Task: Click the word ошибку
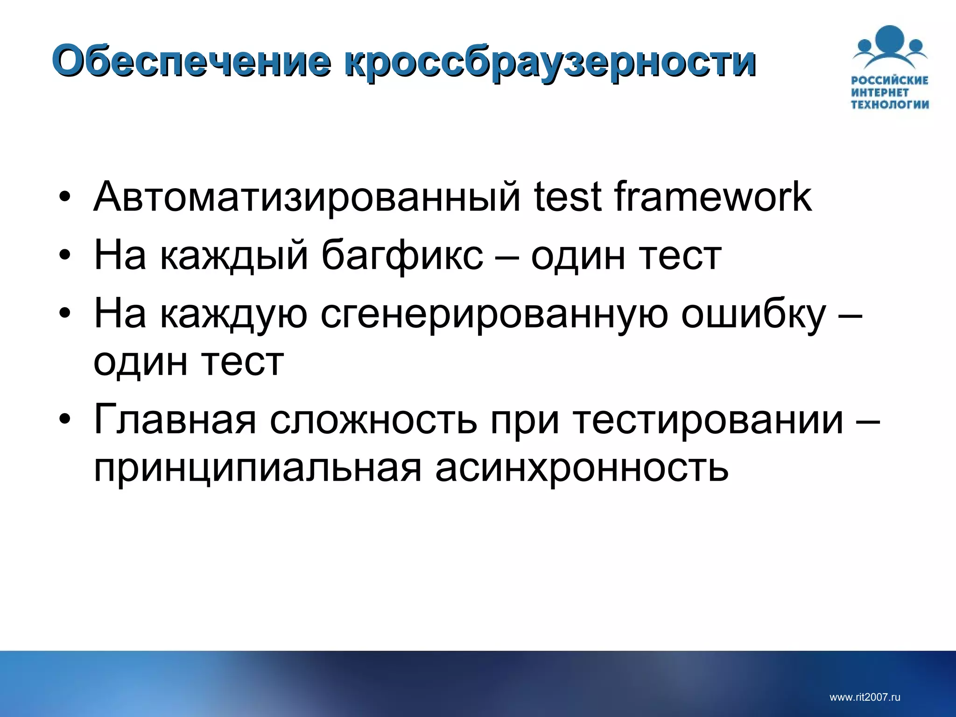click(753, 315)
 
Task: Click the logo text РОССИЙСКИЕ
click(890, 80)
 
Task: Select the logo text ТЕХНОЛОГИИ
click(890, 104)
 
